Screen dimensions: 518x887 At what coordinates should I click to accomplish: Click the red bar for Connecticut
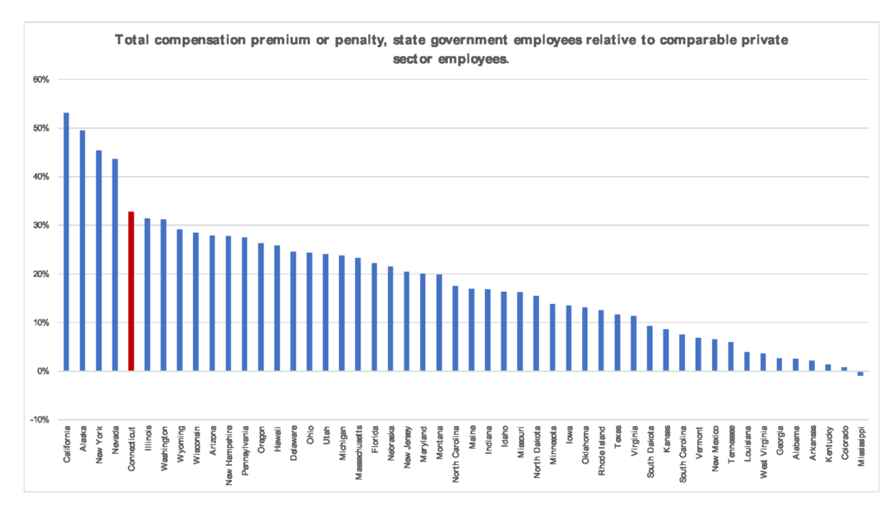[x=131, y=291]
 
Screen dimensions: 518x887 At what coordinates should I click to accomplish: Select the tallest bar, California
[x=67, y=242]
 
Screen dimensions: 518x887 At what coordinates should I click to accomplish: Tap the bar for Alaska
[x=82, y=250]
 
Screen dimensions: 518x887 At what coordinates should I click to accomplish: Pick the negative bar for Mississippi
[x=860, y=373]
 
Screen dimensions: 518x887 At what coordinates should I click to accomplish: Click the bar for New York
[x=99, y=261]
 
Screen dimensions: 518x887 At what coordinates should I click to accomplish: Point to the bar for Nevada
[x=115, y=265]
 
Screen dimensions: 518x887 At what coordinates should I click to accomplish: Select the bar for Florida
[x=374, y=317]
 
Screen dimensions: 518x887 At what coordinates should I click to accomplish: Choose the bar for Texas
[x=618, y=342]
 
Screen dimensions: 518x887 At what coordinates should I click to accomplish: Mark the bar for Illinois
[x=147, y=295]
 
